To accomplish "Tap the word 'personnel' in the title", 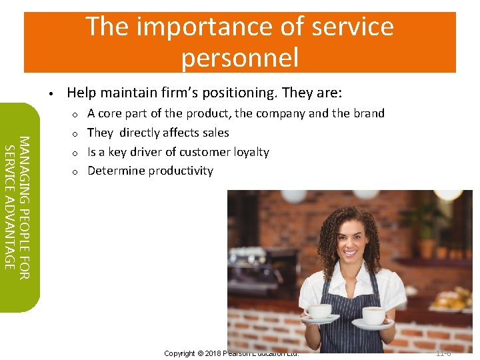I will (239, 57).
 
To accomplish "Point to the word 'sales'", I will (215, 133).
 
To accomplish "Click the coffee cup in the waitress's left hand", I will (372, 315).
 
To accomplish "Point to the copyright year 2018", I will (210, 353).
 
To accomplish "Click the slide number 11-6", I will (443, 353).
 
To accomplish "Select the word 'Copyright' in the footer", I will (179, 353).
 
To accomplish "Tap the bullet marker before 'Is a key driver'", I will (76, 153).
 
